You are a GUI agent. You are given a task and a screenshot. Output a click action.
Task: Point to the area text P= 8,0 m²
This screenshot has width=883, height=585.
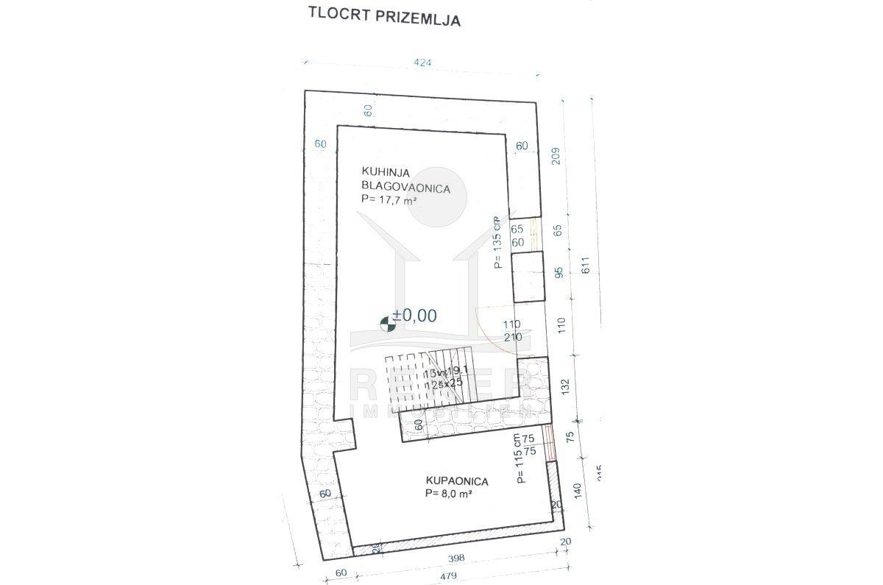(448, 494)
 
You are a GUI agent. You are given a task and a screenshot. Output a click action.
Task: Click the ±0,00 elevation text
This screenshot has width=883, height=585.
(415, 316)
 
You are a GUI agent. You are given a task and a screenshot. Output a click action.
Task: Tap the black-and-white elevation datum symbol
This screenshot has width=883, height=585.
(386, 322)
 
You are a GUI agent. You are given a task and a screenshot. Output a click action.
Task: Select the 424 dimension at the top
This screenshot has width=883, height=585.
(422, 63)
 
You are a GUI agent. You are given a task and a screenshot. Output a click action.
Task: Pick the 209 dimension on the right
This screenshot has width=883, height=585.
(556, 157)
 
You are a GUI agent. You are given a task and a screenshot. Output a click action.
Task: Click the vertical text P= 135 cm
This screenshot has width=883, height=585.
(498, 242)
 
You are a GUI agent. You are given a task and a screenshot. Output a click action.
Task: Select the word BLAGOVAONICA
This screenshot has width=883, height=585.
(405, 188)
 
